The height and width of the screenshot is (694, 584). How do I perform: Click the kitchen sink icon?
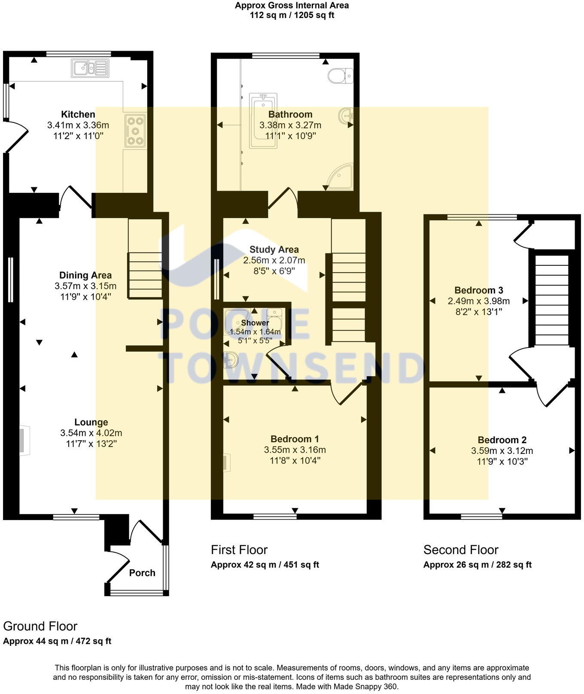90,68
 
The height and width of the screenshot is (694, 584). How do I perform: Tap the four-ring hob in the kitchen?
135,130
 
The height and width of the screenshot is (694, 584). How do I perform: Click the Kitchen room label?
78,114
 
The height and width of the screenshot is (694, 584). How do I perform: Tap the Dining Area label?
85,275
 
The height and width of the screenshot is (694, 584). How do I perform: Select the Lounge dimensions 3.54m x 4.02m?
91,433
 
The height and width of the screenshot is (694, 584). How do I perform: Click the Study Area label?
274,250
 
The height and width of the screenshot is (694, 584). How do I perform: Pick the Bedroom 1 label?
295,439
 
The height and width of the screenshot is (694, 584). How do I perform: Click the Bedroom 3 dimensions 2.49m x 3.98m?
479,301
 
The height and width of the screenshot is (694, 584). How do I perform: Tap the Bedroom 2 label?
502,440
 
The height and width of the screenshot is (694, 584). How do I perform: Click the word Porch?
142,572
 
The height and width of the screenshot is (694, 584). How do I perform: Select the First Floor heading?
239,550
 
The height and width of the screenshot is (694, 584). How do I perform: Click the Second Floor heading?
461,550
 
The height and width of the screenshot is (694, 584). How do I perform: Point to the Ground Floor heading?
40,626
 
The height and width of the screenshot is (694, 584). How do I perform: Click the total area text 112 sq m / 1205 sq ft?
292,15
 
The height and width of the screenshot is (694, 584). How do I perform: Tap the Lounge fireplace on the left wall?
24,440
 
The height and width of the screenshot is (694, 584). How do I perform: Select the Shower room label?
255,323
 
